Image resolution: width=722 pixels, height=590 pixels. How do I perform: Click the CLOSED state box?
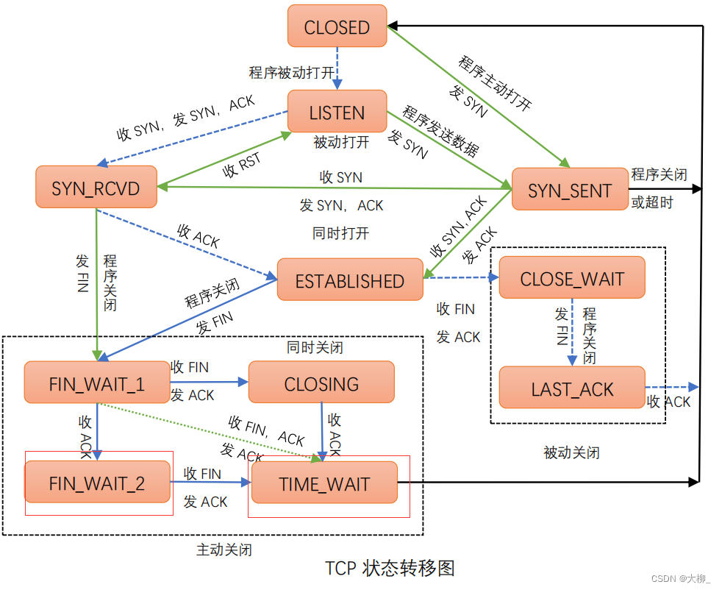coord(337,28)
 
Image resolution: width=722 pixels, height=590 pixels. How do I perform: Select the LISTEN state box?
coord(337,113)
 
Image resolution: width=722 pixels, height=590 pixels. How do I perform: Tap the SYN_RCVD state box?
coord(96,188)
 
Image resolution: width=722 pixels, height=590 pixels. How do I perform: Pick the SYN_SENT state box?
coord(569,191)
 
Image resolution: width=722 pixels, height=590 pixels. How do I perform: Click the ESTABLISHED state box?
coord(350,280)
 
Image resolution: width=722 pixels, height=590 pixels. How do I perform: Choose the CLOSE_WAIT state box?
coord(571,278)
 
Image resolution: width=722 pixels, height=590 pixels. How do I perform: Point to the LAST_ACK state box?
coord(571,388)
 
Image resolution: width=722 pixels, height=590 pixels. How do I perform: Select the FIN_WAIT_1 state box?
coord(97,383)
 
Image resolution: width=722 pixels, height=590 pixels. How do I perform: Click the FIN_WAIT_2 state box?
coord(97,483)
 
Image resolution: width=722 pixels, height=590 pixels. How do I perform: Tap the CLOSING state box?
coord(321,383)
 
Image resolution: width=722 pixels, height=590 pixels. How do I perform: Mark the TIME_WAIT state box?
coord(324,483)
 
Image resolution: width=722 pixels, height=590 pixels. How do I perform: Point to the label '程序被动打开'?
coord(291,73)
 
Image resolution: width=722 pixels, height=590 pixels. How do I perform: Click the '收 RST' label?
coord(242,166)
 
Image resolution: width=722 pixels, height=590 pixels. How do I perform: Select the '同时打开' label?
coord(340,234)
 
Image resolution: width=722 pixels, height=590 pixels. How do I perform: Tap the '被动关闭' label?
coord(571,452)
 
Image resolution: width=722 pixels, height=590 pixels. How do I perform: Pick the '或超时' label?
coord(651,202)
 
